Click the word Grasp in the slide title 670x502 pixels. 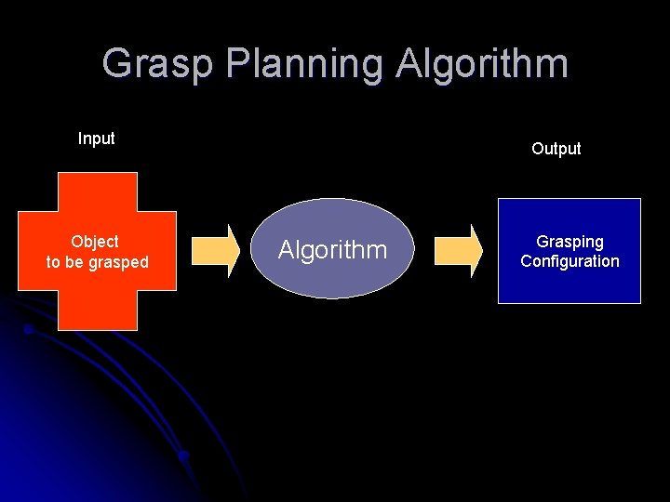coord(159,64)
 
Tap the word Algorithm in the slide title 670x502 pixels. coord(481,64)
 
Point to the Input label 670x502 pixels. coord(97,139)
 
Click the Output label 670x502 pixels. coord(556,149)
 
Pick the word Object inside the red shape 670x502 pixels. coord(95,242)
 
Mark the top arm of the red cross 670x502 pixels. coord(98,192)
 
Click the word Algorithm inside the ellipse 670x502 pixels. coord(332,249)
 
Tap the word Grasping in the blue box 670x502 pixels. coord(569,242)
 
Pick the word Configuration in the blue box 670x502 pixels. coord(569,261)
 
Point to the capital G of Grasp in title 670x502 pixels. coord(118,64)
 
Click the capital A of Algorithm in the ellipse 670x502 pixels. coord(287,249)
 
